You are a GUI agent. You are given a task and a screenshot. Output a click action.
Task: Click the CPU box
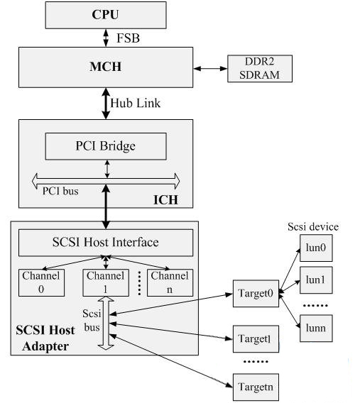pos(106,15)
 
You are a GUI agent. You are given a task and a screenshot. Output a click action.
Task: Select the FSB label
pos(128,38)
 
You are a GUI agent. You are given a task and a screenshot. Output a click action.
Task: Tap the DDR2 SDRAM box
pos(260,69)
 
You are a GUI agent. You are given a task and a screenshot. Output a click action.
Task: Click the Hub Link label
pos(135,103)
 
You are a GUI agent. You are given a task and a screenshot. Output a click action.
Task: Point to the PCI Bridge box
pos(106,146)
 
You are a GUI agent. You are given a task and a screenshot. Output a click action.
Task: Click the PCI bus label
pos(60,191)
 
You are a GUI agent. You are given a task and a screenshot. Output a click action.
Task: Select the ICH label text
pos(165,199)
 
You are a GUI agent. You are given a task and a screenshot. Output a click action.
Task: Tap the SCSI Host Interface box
pos(106,243)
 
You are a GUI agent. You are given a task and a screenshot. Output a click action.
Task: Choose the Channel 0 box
pos(41,282)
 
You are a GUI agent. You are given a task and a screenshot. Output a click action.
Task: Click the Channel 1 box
pos(106,282)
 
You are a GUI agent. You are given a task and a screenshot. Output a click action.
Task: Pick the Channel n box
pos(170,282)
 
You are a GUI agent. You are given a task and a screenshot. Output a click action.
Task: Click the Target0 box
pos(256,294)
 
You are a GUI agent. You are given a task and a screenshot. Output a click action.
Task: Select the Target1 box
pos(256,338)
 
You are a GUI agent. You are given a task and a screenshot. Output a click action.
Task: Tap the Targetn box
pos(256,387)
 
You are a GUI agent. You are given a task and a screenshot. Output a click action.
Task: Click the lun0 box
pos(316,248)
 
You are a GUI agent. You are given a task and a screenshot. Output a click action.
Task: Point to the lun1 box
pos(316,280)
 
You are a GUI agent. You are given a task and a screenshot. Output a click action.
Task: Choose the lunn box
pos(316,329)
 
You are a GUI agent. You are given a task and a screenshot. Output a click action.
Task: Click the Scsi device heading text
pos(313,227)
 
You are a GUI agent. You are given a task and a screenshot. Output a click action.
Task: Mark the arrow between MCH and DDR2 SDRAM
pos(210,69)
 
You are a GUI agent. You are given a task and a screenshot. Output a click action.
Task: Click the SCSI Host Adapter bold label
pos(45,338)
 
